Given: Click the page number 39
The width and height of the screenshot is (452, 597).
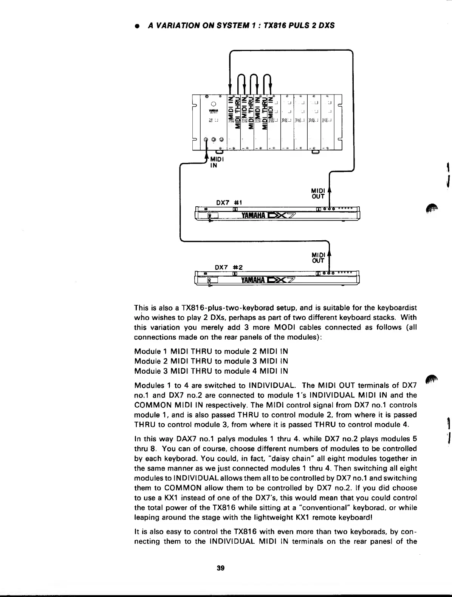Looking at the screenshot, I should coord(221,568).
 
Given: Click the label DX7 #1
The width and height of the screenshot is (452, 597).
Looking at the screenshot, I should coord(229,203).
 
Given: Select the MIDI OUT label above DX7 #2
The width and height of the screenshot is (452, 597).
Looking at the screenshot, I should coord(318,258).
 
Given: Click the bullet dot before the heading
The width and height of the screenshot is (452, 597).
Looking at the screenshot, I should coord(138,26).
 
